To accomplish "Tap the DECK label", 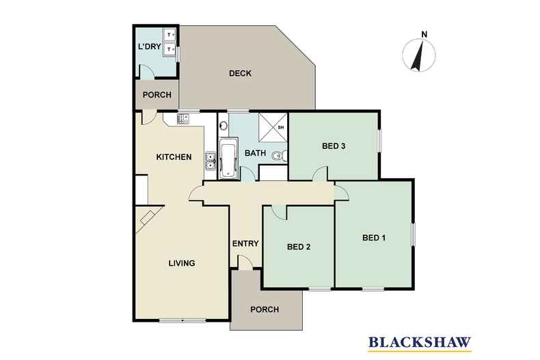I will [241, 74].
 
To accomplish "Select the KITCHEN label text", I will [173, 157].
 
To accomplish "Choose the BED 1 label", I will [374, 238].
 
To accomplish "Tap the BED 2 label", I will [299, 247].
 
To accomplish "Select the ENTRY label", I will [245, 243].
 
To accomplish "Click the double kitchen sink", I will [211, 163].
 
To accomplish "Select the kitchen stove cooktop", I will [184, 120].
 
